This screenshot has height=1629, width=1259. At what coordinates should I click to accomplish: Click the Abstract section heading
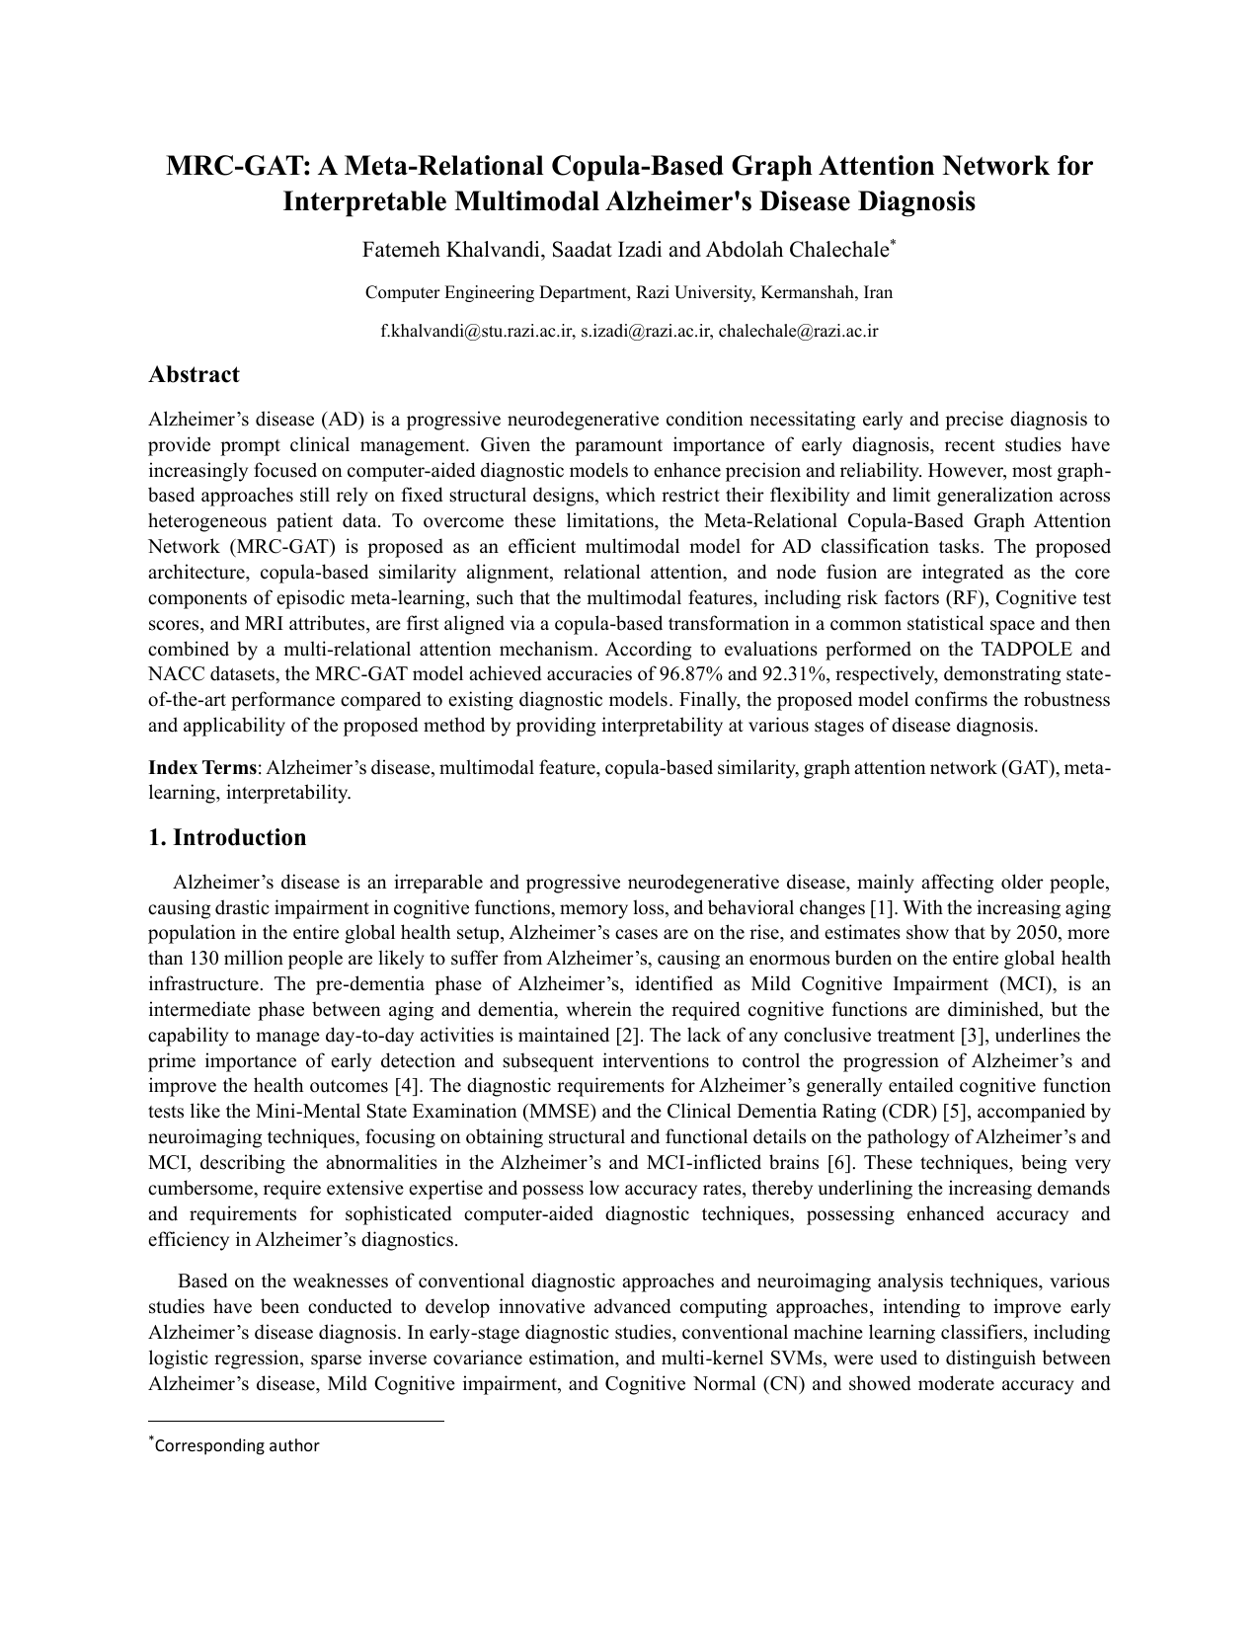(194, 375)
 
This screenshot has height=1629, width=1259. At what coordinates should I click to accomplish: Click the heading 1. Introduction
(227, 838)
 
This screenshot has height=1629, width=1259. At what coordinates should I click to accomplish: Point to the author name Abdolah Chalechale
(797, 250)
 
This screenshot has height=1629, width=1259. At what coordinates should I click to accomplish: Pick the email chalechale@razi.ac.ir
(798, 332)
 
